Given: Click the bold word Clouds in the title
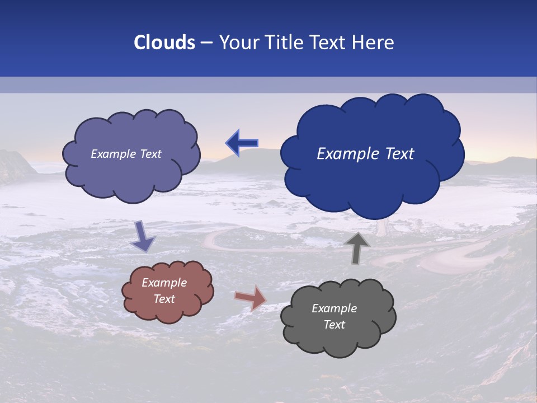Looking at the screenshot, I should [164, 43].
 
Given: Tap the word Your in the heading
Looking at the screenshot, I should [239, 43].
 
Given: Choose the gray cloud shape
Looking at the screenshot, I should [338, 341].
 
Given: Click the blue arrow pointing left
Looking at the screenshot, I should [242, 144].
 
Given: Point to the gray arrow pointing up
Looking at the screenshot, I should [356, 247].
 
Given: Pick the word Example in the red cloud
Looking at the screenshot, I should [164, 283].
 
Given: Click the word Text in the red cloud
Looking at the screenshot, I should [164, 299].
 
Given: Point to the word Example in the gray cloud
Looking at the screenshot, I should [335, 308].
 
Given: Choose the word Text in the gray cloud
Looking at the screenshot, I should [335, 325].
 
